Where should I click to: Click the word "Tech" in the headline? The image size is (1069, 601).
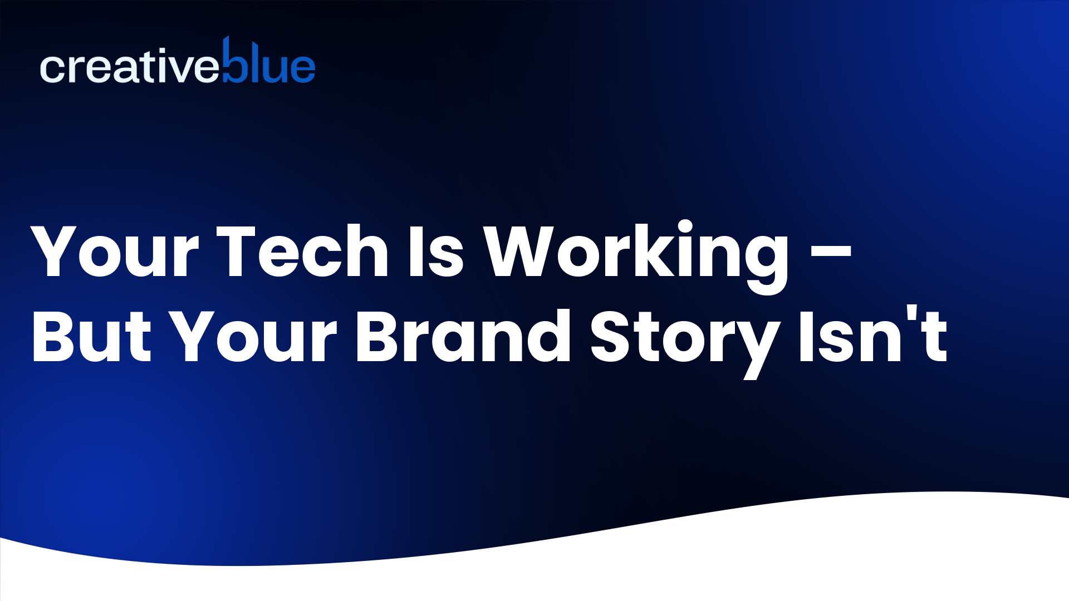click(302, 252)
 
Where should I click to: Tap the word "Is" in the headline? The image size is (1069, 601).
click(435, 252)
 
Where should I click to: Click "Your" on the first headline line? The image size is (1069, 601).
click(115, 252)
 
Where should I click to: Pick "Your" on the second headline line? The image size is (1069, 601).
click(253, 337)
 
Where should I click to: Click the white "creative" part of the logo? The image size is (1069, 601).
click(129, 68)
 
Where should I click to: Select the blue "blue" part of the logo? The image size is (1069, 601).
click(269, 64)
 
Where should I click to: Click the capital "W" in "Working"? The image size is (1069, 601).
click(518, 252)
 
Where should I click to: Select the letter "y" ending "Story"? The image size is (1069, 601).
click(758, 345)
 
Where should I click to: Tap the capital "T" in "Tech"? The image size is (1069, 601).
click(236, 252)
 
